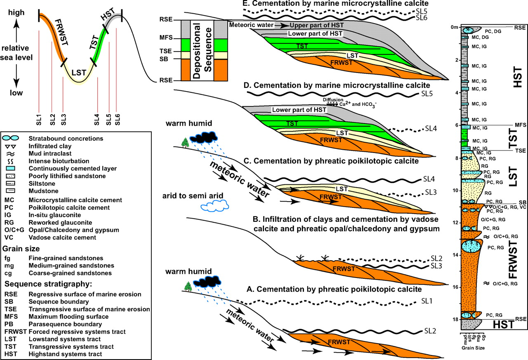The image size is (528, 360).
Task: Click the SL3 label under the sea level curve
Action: click(63, 120)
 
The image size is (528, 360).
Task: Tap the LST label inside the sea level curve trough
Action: click(79, 73)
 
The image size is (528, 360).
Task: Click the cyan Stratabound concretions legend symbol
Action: click(10, 138)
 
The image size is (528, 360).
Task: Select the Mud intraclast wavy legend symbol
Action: click(10, 154)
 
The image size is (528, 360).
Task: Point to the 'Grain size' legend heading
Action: click(21, 249)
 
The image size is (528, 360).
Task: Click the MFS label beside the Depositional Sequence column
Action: click(166, 38)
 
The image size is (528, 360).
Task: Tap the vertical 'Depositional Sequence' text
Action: click(202, 50)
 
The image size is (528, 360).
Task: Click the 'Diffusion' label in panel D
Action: click(333, 100)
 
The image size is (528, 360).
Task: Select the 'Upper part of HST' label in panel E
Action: click(316, 25)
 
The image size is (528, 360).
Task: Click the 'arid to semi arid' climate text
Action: click(193, 195)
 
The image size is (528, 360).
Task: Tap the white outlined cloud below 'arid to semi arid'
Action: click(215, 206)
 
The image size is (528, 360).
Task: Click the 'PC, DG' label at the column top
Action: click(493, 31)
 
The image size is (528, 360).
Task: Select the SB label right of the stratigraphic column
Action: click(522, 202)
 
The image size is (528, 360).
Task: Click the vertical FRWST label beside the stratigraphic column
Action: click(513, 260)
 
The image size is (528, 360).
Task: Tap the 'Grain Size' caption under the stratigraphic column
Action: click(473, 348)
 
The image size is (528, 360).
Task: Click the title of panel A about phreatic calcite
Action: click(334, 289)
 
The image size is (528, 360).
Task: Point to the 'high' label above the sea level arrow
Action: click(16, 12)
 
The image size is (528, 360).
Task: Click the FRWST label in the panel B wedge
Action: click(344, 268)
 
